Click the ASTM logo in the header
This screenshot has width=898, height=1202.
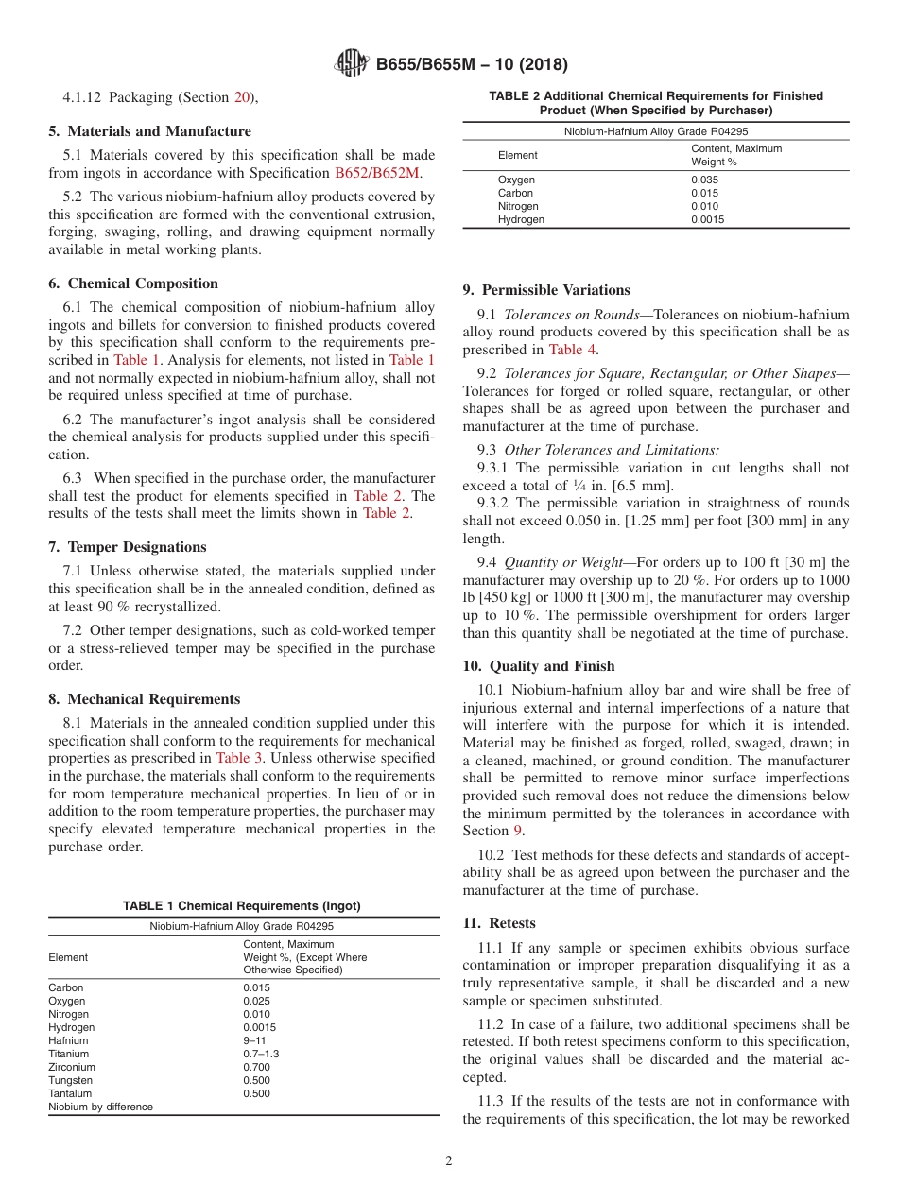[352, 65]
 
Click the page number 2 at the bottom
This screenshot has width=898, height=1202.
[449, 1161]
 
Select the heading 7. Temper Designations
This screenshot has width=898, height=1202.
[128, 547]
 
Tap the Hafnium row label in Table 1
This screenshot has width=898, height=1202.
[68, 1040]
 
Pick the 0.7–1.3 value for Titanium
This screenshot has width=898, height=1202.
[261, 1054]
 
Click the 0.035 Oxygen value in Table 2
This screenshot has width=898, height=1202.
[704, 180]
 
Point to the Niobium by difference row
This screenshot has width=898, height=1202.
[100, 1107]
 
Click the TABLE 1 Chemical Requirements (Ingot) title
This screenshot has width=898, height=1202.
[241, 906]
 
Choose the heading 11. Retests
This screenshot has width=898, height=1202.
[499, 923]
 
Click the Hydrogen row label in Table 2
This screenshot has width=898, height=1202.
[521, 219]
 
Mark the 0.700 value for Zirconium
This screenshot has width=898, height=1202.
[256, 1067]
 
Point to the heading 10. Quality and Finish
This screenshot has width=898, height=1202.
[539, 666]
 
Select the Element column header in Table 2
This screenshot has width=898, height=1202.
[517, 155]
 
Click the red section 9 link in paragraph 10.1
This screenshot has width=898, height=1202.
[517, 831]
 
